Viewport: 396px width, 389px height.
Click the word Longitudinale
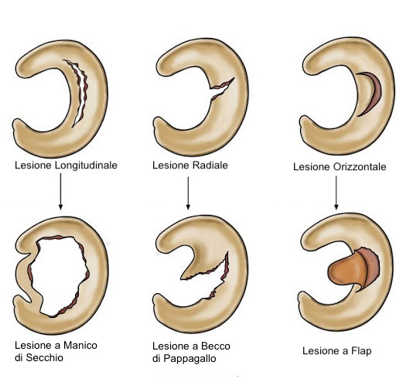(x=86, y=165)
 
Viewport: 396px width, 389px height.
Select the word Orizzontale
(x=360, y=167)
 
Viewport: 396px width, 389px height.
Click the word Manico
(x=80, y=345)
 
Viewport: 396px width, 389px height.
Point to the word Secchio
(x=45, y=358)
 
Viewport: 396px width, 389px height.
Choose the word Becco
(x=216, y=346)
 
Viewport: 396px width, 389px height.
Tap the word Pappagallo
(x=189, y=359)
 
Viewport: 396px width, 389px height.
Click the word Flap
(x=361, y=351)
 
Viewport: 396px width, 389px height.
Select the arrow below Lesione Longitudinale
(x=60, y=191)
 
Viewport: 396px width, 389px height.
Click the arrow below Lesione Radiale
(x=188, y=193)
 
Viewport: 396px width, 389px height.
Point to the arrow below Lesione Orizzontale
(x=336, y=193)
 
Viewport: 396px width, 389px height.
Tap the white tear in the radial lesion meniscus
(x=221, y=90)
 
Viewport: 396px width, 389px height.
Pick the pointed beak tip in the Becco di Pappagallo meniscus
(x=181, y=278)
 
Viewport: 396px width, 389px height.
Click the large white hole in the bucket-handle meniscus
(x=60, y=276)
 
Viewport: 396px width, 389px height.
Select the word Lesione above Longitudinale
(x=33, y=165)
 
